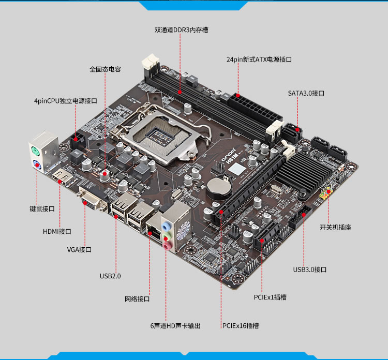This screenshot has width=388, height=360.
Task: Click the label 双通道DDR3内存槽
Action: [182, 30]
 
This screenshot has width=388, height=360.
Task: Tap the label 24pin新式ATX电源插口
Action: [259, 59]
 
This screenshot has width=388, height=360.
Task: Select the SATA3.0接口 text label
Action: [306, 93]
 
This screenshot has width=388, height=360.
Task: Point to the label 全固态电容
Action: [105, 69]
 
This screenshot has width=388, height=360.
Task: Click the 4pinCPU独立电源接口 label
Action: [66, 101]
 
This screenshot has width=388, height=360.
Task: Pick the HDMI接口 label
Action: [57, 232]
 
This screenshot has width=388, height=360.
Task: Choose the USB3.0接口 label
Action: [310, 269]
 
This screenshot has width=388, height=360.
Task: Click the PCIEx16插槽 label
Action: [241, 326]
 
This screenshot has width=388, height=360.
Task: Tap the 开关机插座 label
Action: [335, 228]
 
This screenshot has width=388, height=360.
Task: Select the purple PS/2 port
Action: [36, 164]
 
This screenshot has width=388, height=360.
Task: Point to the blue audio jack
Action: [166, 226]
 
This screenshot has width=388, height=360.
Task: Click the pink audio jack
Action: [168, 246]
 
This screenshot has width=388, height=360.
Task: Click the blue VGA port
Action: [91, 201]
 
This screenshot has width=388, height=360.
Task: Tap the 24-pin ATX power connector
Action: [256, 109]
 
